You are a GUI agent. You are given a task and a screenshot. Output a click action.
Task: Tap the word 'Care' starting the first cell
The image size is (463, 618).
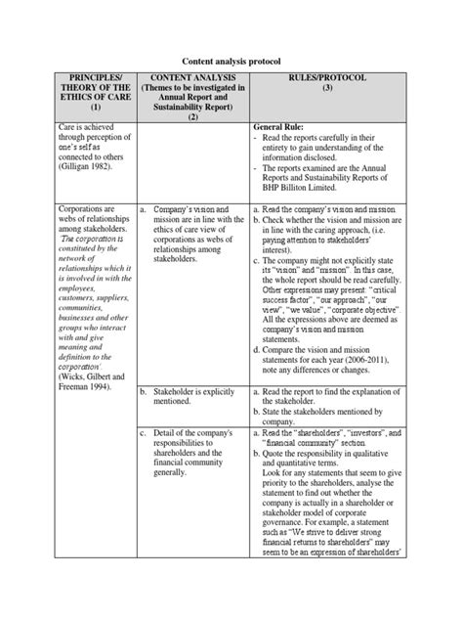[67, 127]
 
